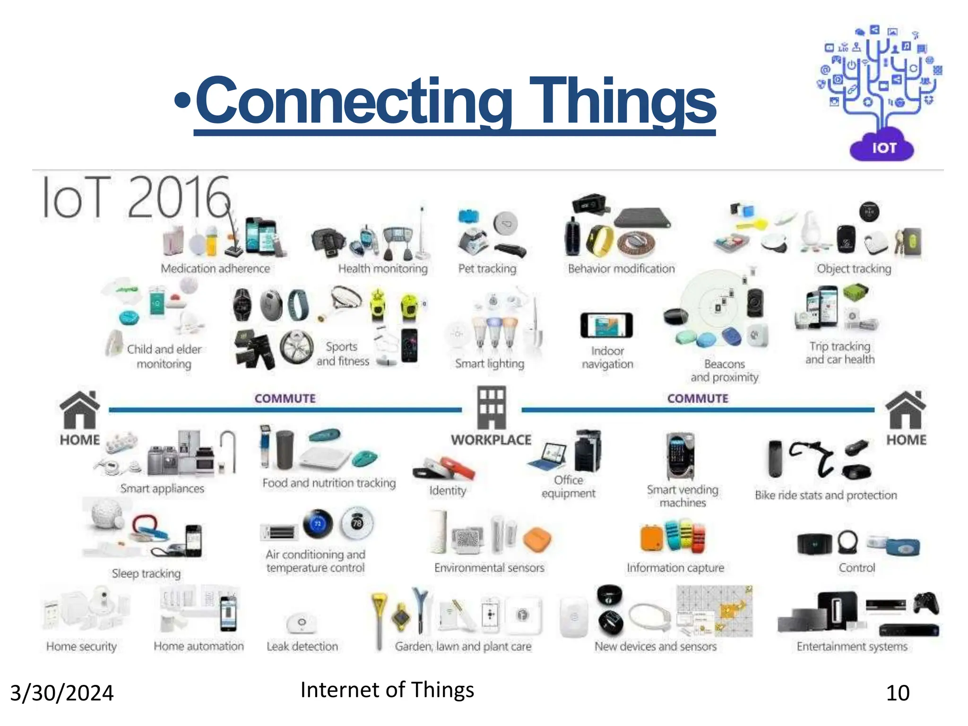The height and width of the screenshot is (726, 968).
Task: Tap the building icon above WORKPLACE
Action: coord(492,407)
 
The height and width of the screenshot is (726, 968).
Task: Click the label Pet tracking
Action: coord(487,268)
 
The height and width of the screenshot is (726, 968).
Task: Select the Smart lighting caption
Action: coord(490,363)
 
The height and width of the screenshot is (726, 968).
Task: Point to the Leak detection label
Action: coord(302,646)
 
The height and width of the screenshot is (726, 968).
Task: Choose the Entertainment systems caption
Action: coord(852,646)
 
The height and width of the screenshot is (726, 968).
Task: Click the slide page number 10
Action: coord(898,693)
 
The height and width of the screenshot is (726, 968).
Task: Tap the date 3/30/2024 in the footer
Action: coord(62,693)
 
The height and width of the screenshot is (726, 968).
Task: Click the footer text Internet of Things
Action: coord(387,690)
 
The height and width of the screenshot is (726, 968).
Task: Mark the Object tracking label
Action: coord(854,268)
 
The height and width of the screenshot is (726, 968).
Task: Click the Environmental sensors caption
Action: coord(489,568)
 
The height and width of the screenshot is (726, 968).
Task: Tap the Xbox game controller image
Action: coord(926,603)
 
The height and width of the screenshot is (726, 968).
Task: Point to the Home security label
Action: coord(81,646)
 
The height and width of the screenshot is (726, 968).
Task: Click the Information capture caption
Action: coord(675,568)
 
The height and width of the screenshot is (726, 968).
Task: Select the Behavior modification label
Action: coord(621,268)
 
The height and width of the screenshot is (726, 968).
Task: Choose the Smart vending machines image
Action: coord(681,455)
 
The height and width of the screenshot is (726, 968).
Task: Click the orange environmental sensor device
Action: coord(537,540)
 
